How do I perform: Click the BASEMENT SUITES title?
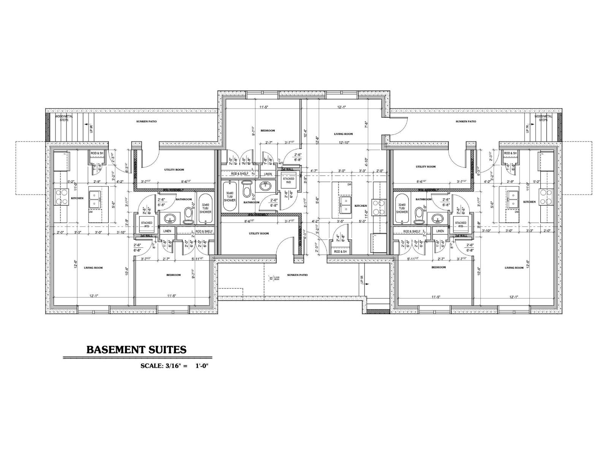(136, 349)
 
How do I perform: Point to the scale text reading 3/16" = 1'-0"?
(175, 366)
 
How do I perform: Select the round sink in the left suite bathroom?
(169, 218)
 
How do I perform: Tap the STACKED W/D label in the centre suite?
(288, 180)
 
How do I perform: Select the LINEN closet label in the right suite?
(440, 231)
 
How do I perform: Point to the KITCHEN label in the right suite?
(529, 202)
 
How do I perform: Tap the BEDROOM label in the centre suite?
(268, 131)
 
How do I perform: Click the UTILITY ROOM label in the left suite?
(174, 169)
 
